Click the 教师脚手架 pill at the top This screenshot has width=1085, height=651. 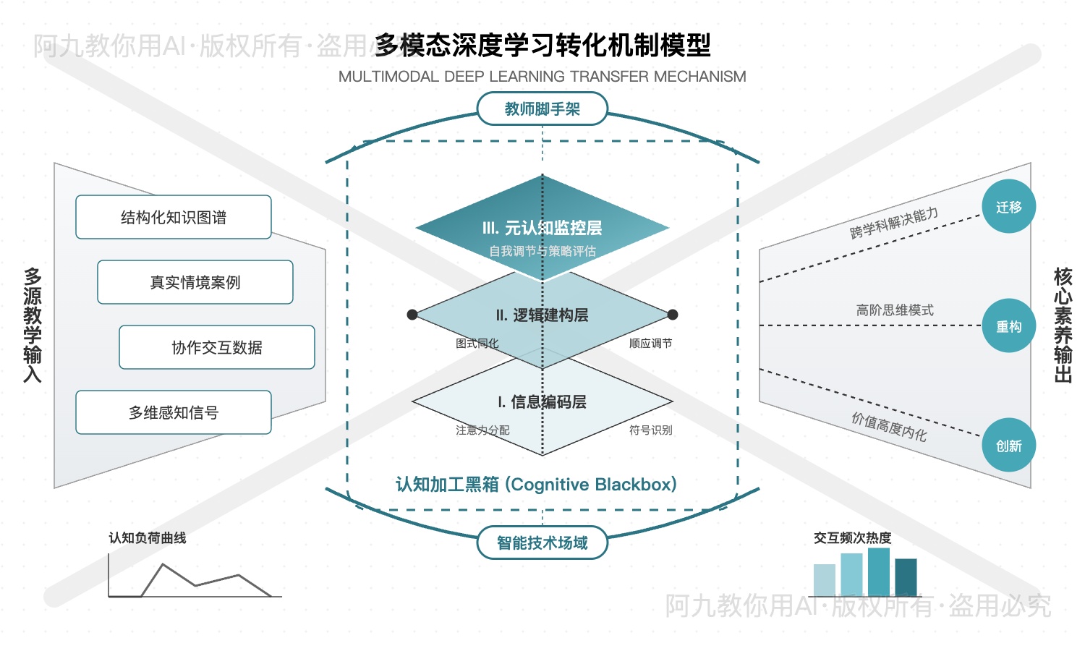coord(542,109)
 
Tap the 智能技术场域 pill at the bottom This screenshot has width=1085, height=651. coord(542,542)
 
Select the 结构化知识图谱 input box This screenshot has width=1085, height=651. coord(174,217)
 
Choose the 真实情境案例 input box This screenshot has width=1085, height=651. coord(195,282)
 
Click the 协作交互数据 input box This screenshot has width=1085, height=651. coord(217,347)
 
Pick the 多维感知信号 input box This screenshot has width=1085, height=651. coord(174,412)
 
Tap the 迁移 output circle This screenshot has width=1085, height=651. coord(1008,207)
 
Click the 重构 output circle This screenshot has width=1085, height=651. coord(1008,326)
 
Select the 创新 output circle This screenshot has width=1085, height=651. coord(1008,446)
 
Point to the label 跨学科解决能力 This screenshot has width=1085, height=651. coord(894,224)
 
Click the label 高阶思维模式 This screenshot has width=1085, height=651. coord(895,310)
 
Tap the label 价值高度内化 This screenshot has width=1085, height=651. coord(889,427)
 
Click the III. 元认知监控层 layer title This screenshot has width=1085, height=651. coord(542,228)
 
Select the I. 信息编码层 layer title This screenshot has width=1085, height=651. coord(542,402)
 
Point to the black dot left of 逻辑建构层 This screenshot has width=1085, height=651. coord(412,315)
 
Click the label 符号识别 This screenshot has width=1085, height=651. coord(650,430)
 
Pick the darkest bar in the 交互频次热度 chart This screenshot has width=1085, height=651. coord(906,577)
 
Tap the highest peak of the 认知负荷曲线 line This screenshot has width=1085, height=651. coord(163,565)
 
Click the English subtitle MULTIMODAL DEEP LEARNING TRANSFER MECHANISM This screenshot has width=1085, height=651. coord(542,77)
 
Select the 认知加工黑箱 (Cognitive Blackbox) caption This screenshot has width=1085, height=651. coord(536,484)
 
